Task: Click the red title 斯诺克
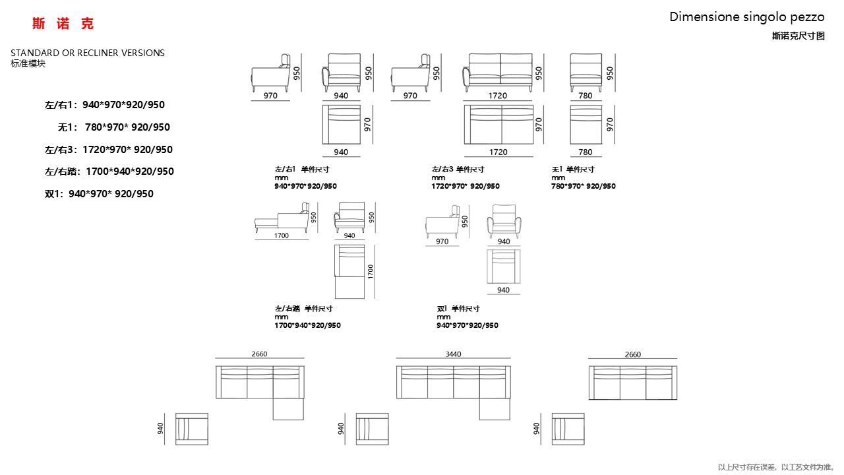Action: (x=63, y=24)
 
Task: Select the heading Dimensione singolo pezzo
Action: (x=746, y=17)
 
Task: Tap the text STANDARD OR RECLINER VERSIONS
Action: (x=88, y=53)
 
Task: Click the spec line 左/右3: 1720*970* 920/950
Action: (x=109, y=150)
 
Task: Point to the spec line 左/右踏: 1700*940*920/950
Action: (x=109, y=172)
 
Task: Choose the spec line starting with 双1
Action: (x=99, y=194)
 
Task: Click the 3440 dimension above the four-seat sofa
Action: (x=453, y=354)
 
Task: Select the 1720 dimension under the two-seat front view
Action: (x=498, y=96)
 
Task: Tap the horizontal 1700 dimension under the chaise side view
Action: (x=281, y=236)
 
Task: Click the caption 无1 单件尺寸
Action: (x=573, y=170)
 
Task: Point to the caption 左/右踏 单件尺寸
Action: (x=303, y=309)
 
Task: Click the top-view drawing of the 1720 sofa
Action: (x=498, y=124)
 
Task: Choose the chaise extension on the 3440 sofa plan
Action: (x=495, y=409)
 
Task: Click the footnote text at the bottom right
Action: (x=776, y=467)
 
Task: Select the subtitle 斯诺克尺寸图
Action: (x=798, y=36)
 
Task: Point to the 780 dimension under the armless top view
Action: (x=586, y=152)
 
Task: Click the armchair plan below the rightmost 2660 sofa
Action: (x=568, y=429)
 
